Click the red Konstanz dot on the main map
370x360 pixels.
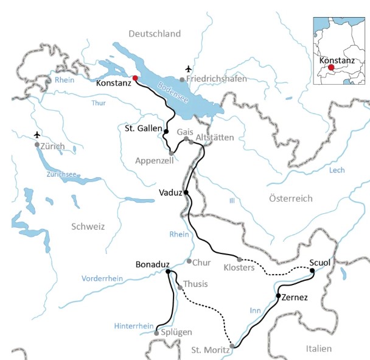click(x=135, y=78)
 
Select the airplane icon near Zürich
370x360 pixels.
click(x=38, y=134)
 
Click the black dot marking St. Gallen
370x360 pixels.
click(x=166, y=131)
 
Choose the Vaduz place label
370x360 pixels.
click(x=170, y=192)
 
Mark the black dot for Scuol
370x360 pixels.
click(x=312, y=270)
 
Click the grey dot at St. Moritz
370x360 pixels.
click(x=232, y=345)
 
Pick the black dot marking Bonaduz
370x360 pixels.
click(x=167, y=272)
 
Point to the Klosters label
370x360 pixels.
click(x=239, y=267)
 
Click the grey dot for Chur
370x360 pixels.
click(x=189, y=261)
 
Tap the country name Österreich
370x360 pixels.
click(x=291, y=199)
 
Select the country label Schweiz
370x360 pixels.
click(x=88, y=226)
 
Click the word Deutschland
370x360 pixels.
click(x=155, y=33)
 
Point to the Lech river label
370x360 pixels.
click(x=337, y=170)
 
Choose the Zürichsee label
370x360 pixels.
click(x=61, y=174)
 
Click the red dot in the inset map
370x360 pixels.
click(x=331, y=68)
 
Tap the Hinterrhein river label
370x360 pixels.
click(x=133, y=326)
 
